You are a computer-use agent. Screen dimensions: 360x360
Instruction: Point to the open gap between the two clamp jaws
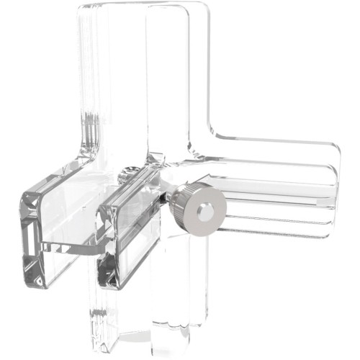click(x=79, y=216)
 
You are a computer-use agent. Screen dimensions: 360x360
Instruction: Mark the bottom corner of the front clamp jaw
click(x=108, y=287)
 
